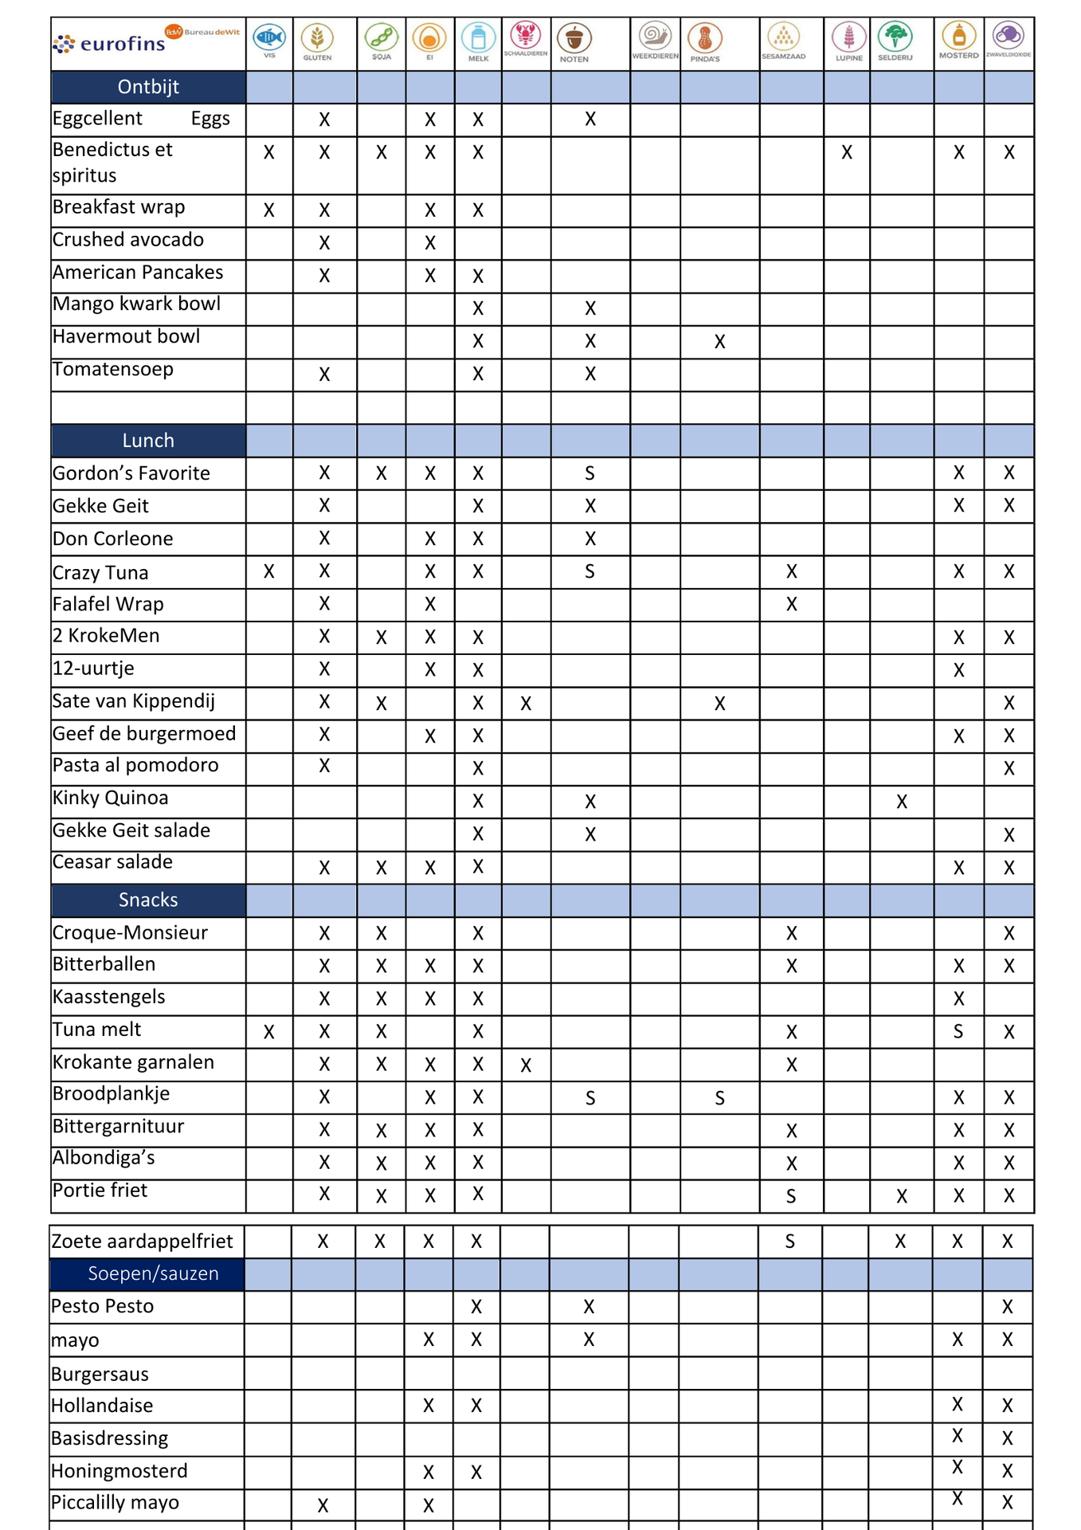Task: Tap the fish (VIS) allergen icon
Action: [269, 37]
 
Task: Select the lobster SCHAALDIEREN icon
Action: [526, 36]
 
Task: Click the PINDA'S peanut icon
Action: [705, 38]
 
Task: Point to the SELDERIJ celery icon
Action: [895, 37]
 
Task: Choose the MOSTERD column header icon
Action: [958, 37]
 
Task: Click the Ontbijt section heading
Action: [148, 87]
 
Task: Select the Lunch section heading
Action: [148, 441]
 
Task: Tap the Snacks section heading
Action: [148, 900]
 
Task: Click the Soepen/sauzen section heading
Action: [153, 1273]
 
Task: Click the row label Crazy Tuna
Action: [100, 572]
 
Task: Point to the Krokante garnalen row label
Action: [133, 1062]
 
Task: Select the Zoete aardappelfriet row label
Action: [142, 1241]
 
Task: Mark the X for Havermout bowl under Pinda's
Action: [719, 342]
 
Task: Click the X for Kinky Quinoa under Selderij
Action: [901, 802]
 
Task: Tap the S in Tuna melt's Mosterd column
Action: [958, 1032]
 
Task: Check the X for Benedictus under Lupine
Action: [847, 152]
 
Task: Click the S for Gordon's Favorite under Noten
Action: [589, 473]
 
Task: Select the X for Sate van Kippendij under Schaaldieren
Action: [526, 704]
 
